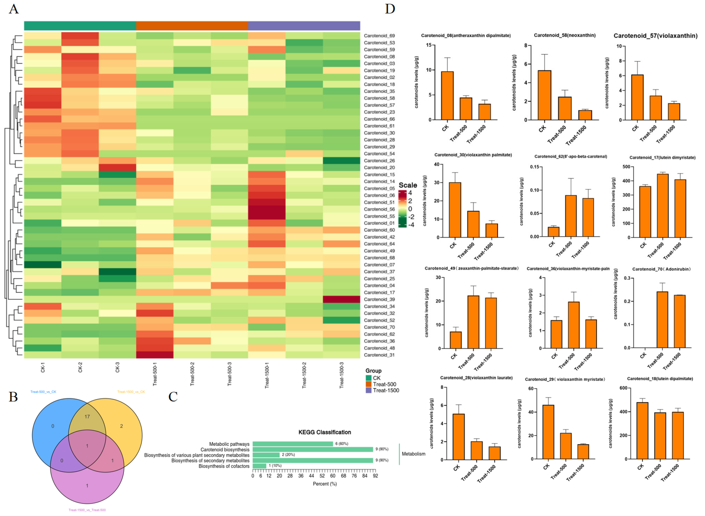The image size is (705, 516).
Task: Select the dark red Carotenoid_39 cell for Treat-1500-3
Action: [341, 299]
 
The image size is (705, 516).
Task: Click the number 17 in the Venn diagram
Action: [87, 416]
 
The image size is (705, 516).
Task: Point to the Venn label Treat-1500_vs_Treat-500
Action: [87, 510]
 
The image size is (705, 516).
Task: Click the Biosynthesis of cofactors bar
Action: [259, 466]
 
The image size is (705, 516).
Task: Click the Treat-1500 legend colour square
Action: [369, 390]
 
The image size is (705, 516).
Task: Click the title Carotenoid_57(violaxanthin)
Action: [655, 36]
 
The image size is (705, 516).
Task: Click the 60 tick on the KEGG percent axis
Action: [333, 476]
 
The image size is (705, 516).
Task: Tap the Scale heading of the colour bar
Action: [408, 185]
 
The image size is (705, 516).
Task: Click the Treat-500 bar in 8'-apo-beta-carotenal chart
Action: [571, 216]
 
